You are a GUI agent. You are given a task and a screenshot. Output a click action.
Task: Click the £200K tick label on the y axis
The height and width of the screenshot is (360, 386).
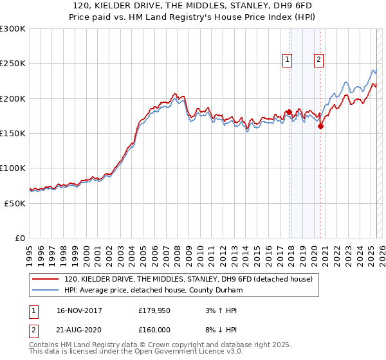[13, 98]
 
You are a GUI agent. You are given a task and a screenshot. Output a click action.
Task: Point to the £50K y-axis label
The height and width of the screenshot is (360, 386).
[15, 203]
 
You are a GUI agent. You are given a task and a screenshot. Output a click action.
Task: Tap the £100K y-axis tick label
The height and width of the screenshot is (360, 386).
[13, 168]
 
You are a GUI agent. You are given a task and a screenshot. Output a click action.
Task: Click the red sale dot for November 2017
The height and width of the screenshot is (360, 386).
[289, 113]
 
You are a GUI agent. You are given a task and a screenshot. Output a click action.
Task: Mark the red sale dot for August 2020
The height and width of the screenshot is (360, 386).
[320, 126]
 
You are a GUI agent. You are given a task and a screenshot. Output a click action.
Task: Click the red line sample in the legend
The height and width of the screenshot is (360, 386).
[46, 279]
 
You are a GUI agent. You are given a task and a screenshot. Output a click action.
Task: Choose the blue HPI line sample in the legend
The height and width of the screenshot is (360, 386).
[46, 290]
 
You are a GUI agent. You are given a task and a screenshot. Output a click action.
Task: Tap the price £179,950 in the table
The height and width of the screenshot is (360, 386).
[155, 310]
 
